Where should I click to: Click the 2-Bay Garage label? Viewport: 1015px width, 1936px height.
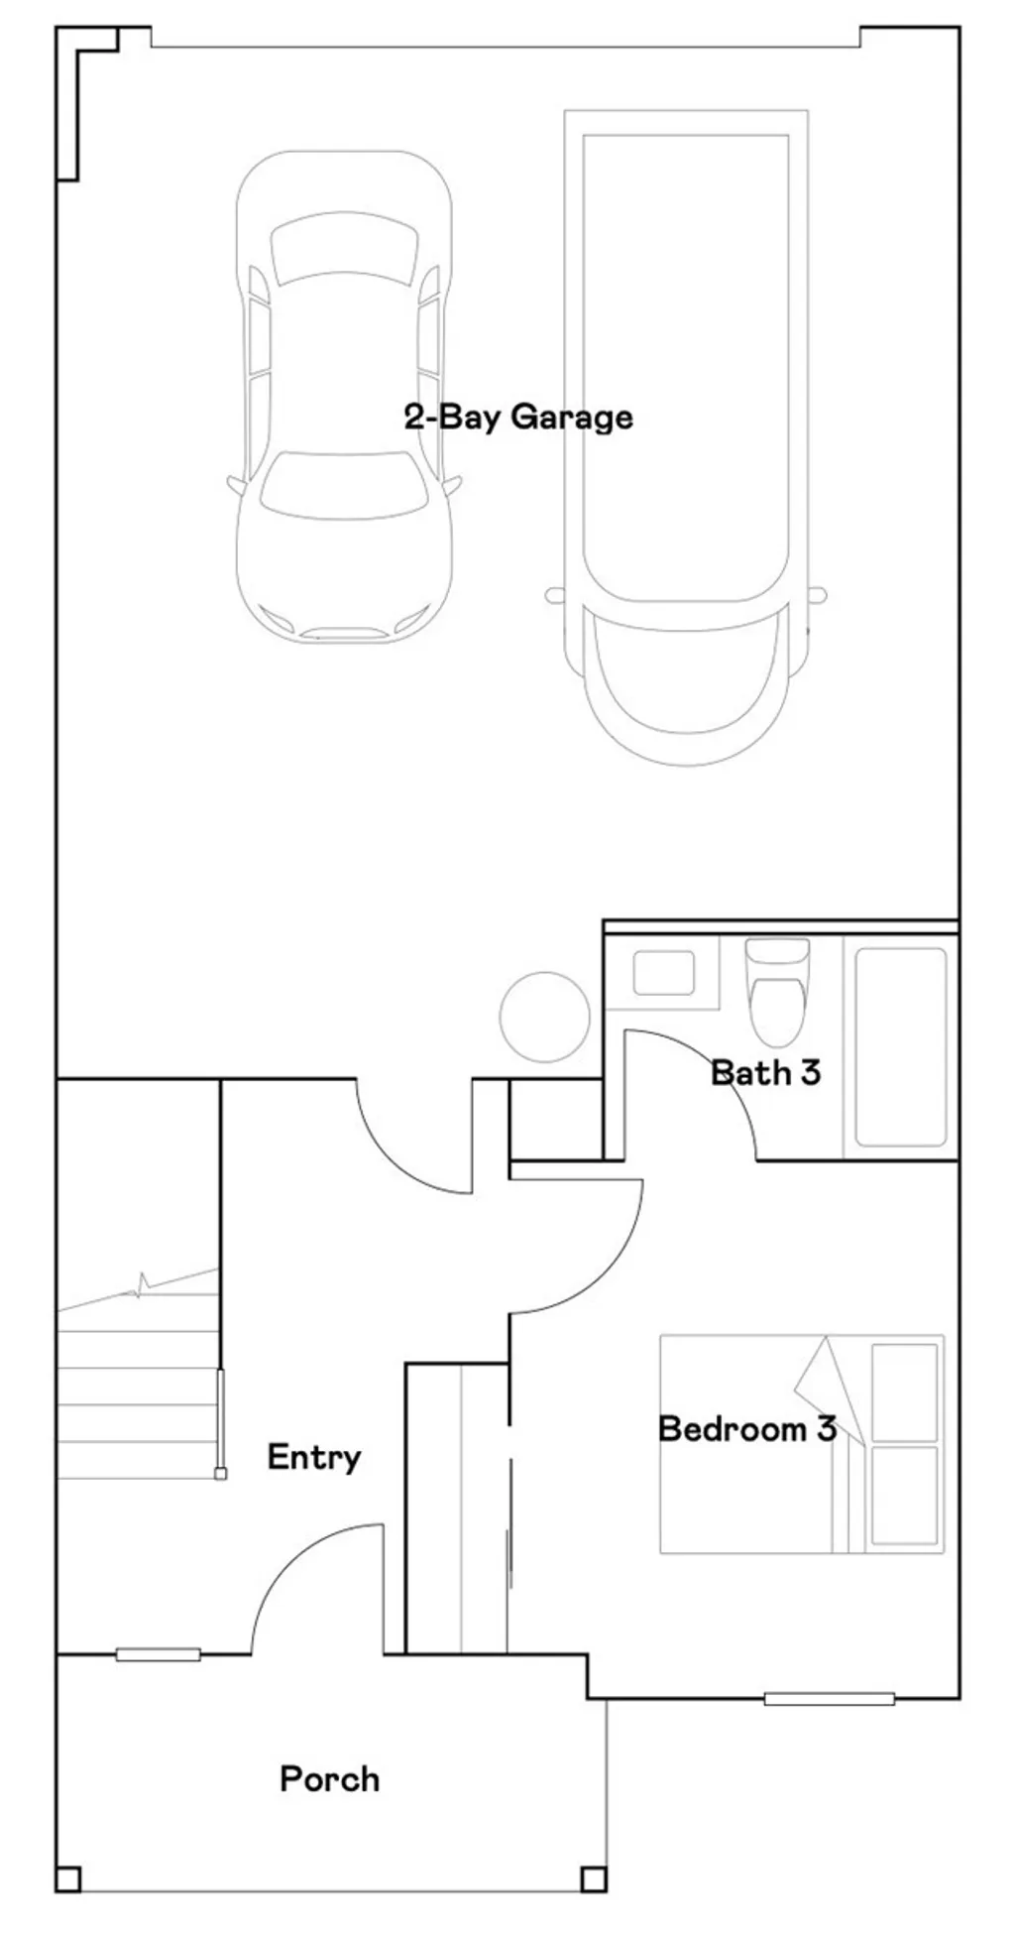click(x=517, y=417)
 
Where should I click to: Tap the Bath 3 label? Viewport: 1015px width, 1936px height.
click(x=765, y=1072)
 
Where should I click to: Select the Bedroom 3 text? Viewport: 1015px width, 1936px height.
click(x=746, y=1429)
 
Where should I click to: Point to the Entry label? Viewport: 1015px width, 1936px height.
click(x=313, y=1457)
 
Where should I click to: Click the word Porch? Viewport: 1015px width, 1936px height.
click(x=329, y=1779)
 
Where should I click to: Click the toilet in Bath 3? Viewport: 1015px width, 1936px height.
click(x=778, y=997)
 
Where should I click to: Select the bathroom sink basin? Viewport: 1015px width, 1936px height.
click(x=663, y=973)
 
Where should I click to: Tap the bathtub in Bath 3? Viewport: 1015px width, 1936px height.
click(x=900, y=1046)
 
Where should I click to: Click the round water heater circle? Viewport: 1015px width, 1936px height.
click(x=544, y=1017)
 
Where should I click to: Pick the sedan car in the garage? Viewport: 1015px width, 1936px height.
click(x=344, y=397)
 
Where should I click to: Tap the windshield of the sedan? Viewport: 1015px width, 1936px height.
click(x=344, y=486)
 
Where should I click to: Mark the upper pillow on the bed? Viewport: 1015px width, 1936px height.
click(x=904, y=1391)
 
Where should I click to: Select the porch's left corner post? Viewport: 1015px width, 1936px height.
click(x=67, y=1879)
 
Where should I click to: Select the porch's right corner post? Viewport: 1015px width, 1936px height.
click(x=593, y=1879)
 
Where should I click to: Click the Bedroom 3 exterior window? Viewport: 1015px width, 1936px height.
click(x=829, y=1699)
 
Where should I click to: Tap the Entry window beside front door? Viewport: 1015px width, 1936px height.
click(x=158, y=1654)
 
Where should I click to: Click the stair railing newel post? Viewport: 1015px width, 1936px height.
click(x=221, y=1474)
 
